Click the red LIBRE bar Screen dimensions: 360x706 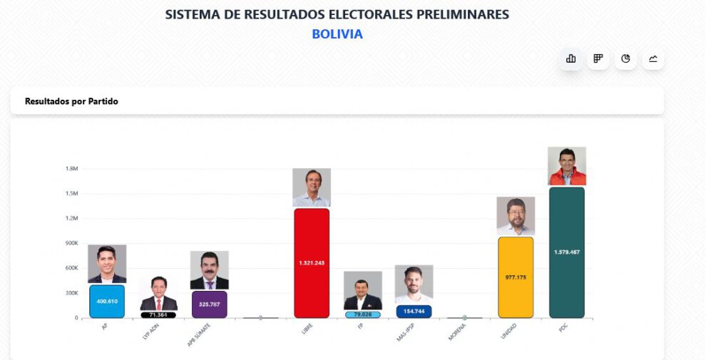click(x=312, y=263)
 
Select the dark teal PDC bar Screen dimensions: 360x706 click(x=567, y=252)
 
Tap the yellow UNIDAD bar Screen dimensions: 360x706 click(x=516, y=277)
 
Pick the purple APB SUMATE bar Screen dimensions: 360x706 click(x=210, y=304)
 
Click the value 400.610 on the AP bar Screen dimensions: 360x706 click(x=107, y=301)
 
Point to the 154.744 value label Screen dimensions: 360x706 click(x=414, y=312)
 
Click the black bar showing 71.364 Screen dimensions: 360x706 click(x=158, y=314)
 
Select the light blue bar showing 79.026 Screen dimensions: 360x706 click(x=362, y=314)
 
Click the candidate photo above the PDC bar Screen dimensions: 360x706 click(x=567, y=166)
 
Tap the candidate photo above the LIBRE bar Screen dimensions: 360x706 click(x=312, y=187)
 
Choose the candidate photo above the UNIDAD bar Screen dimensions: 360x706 click(x=516, y=216)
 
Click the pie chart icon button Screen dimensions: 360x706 click(x=625, y=58)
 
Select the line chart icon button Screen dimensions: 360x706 click(x=653, y=58)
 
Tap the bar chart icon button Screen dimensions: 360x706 click(x=571, y=58)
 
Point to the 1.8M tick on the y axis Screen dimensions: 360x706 click(x=71, y=169)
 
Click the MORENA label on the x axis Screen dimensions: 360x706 click(x=457, y=331)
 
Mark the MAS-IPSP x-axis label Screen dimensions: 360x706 click(x=406, y=333)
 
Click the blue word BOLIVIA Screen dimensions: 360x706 click(x=337, y=34)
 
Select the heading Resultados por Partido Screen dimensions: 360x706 click(x=71, y=101)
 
